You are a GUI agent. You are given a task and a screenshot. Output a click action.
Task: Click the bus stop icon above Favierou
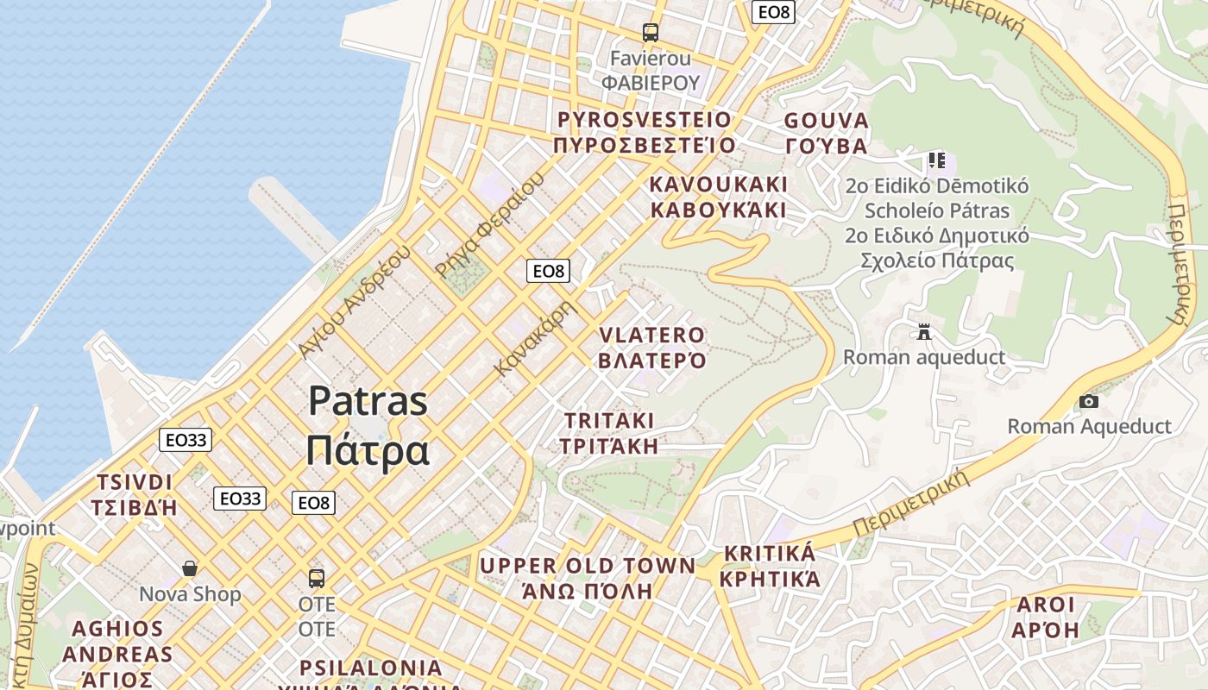tap(651, 33)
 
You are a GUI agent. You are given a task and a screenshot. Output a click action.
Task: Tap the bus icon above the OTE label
tap(317, 578)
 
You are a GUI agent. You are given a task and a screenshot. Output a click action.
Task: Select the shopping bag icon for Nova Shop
tap(190, 568)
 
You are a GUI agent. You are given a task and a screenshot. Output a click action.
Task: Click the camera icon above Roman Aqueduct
tap(1089, 401)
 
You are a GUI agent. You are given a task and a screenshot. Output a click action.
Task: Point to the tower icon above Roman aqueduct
tap(924, 332)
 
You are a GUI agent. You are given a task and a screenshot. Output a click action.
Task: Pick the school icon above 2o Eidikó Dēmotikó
tap(937, 160)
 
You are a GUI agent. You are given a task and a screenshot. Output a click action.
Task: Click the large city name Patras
tap(368, 401)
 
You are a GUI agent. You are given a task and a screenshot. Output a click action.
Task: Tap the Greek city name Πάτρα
tap(368, 449)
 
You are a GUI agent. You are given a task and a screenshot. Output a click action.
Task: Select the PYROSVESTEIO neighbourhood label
tap(645, 120)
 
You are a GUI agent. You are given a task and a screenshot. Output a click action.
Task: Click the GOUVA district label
tap(826, 121)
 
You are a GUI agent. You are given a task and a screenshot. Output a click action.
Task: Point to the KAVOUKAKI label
tap(718, 185)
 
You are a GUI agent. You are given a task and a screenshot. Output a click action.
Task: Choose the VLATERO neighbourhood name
tap(651, 335)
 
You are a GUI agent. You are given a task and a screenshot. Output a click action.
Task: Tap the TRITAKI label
tap(609, 421)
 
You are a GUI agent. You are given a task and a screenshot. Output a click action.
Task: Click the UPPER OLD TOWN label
tap(587, 566)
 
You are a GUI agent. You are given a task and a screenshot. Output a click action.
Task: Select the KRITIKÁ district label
tap(769, 553)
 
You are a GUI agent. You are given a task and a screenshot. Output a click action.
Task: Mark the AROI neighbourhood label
tap(1046, 604)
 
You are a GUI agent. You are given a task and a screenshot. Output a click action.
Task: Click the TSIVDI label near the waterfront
tap(135, 482)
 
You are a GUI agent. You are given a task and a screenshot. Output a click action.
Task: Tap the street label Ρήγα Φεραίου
tap(489, 225)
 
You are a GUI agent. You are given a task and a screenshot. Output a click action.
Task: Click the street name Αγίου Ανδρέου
tap(355, 301)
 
